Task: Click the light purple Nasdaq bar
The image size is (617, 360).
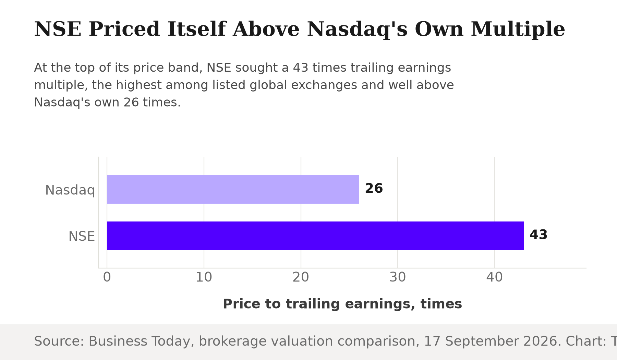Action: [x=233, y=189]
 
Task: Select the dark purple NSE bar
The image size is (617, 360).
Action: [x=315, y=236]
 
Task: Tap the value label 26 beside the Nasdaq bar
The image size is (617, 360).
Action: [x=374, y=189]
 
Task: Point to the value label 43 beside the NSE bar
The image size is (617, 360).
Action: [x=538, y=235]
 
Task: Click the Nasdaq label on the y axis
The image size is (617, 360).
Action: [x=70, y=190]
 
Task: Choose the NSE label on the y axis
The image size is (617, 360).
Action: [x=82, y=237]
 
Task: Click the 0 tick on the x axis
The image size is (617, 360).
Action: [x=107, y=277]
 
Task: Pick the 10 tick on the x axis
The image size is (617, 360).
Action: [x=204, y=277]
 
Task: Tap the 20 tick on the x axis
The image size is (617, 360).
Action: [x=301, y=277]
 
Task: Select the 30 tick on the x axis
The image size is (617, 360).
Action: [x=398, y=277]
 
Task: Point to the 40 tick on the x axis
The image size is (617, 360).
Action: [x=495, y=277]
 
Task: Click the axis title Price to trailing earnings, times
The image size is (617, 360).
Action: [x=342, y=304]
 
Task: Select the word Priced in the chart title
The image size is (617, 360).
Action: [x=124, y=29]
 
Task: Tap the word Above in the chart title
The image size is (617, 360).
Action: [x=266, y=29]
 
